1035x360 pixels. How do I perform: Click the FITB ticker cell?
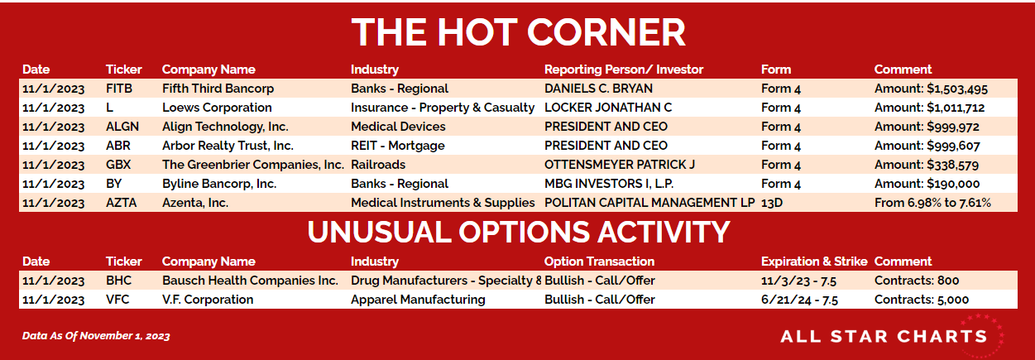[119, 89]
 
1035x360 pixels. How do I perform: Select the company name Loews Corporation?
[217, 108]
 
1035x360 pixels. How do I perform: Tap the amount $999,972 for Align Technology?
[953, 127]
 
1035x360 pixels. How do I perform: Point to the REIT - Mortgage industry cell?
[397, 146]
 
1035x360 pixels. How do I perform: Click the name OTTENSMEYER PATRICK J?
[619, 165]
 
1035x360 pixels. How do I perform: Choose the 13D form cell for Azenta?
[772, 203]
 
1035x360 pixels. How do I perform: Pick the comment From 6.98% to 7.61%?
[932, 203]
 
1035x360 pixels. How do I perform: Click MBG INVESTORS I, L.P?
[609, 184]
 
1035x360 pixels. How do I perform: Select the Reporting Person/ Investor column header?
[623, 70]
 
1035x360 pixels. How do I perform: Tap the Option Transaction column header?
[599, 262]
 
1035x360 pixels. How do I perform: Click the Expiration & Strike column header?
[814, 262]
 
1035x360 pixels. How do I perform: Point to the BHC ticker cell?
[118, 280]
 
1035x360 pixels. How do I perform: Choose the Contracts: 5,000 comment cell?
[922, 300]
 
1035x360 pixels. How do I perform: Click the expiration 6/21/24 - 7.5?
[799, 300]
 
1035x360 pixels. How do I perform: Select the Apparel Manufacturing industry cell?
[418, 300]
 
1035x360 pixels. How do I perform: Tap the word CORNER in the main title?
[606, 32]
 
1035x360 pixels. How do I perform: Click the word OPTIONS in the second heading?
[524, 232]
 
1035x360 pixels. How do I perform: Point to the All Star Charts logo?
[892, 336]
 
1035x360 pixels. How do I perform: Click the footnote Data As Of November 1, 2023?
[96, 336]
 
